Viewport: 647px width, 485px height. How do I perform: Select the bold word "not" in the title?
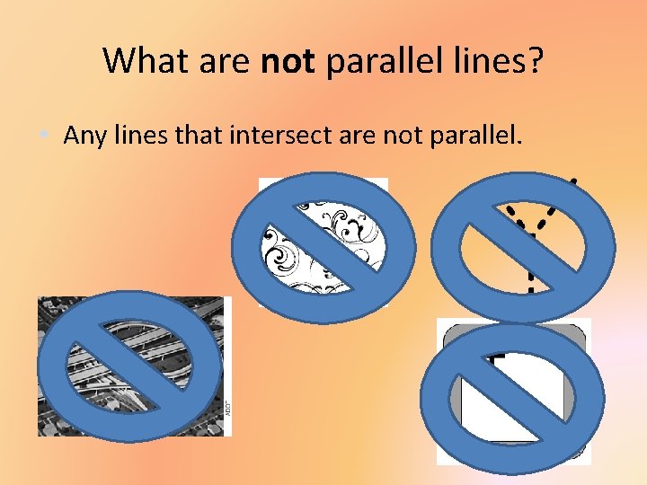click(288, 61)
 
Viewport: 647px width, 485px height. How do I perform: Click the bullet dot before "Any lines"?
click(45, 137)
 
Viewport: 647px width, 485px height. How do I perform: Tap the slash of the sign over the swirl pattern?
click(323, 248)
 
